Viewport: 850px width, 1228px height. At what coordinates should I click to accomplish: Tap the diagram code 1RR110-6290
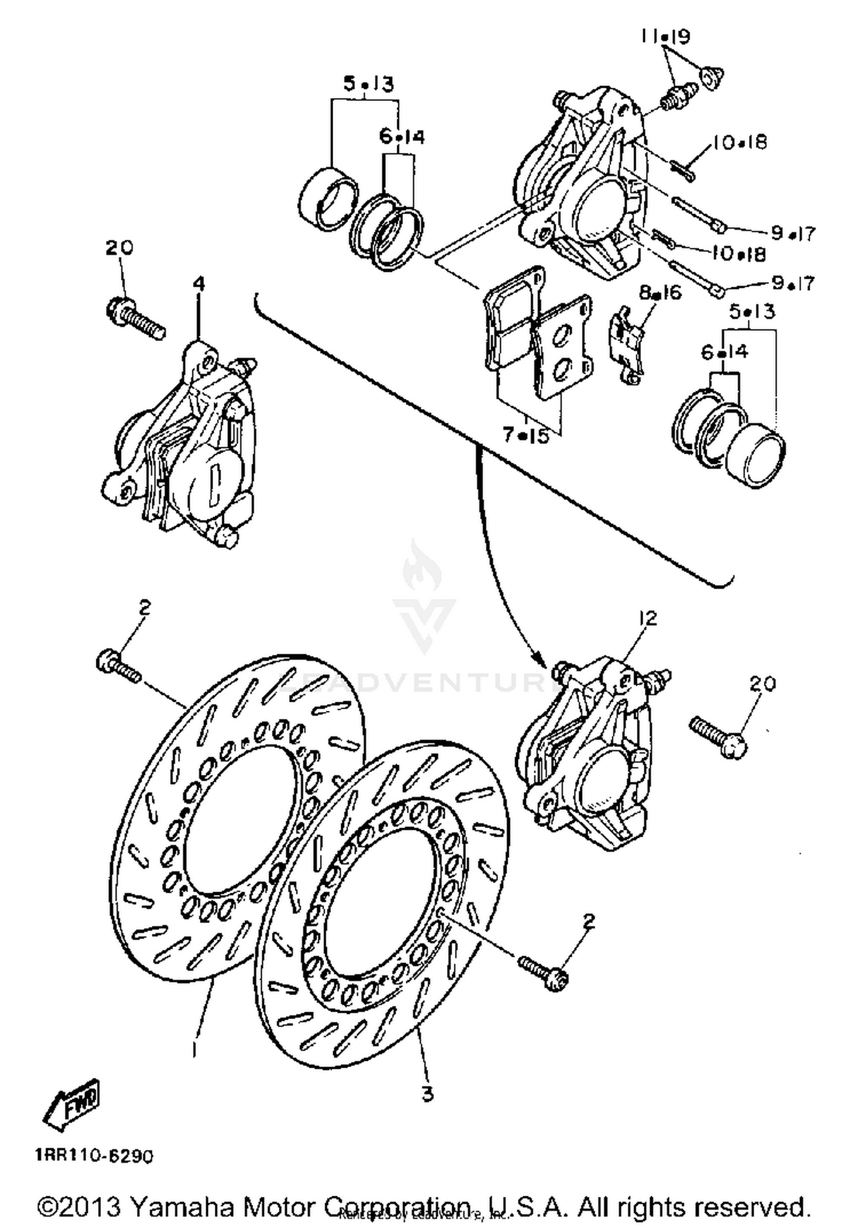tap(94, 1156)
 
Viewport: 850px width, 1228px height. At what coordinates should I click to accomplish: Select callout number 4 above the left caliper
tap(199, 284)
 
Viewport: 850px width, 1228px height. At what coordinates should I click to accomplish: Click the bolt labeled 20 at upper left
tap(135, 318)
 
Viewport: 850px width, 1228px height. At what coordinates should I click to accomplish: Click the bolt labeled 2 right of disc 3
tap(544, 972)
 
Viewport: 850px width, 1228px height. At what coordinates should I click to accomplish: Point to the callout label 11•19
tap(665, 37)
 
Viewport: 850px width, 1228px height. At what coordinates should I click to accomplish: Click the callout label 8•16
tap(661, 293)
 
